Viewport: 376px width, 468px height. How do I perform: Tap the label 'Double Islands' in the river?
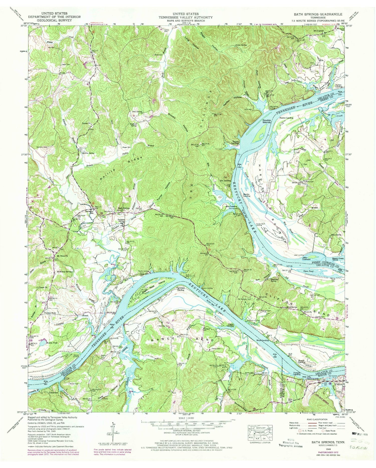[267, 121]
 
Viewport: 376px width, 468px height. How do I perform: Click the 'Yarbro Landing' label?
[340, 86]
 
